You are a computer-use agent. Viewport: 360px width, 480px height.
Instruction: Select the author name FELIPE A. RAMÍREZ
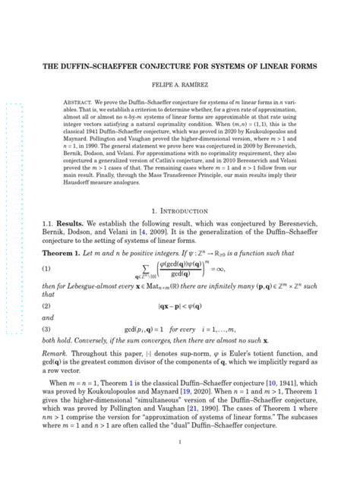click(x=179, y=87)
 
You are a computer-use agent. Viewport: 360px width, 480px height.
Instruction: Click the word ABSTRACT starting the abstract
click(x=80, y=101)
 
